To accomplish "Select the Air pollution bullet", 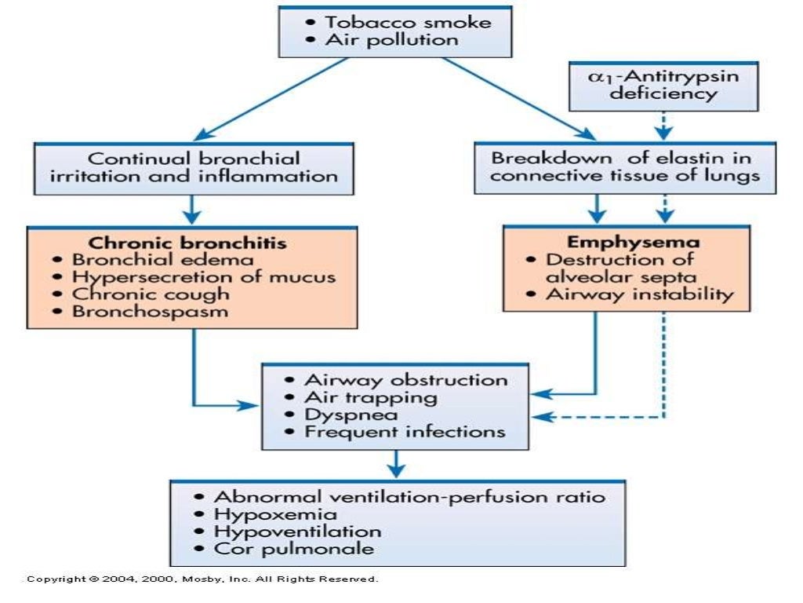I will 392,39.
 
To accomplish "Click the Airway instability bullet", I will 639,294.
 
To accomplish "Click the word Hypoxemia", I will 275,514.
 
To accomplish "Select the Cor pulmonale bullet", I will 294,549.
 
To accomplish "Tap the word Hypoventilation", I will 297,532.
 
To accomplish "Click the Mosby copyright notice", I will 202,579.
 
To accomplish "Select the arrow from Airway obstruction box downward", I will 398,463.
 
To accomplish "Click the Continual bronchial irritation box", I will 194,167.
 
